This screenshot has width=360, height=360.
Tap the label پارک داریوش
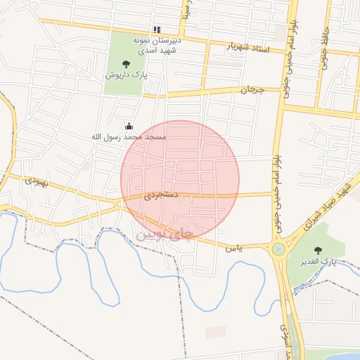tap(126, 75)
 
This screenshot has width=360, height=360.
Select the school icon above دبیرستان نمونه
tap(157, 30)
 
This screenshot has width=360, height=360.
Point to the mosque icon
tap(129, 127)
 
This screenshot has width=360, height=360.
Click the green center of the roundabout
tap(278, 248)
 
